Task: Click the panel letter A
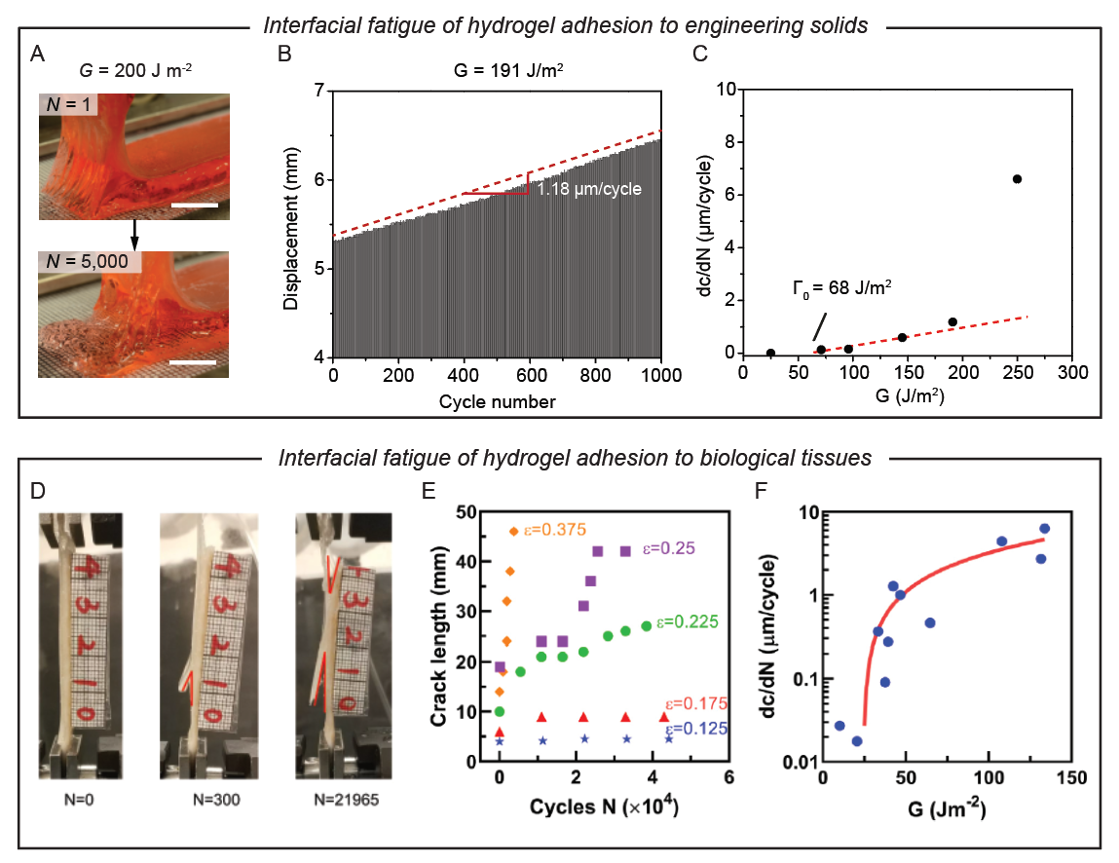[x=39, y=55]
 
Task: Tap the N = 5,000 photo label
[x=91, y=262]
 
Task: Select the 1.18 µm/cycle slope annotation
[x=589, y=189]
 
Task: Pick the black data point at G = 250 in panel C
[x=1017, y=179]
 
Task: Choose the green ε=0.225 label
[x=689, y=620]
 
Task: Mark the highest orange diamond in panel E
[x=513, y=531]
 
